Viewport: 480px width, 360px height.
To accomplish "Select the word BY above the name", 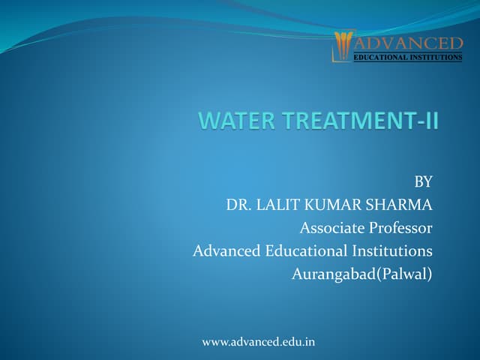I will pos(424,181).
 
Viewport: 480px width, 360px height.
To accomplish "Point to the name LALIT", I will pos(280,204).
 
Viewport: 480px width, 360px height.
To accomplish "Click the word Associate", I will pos(329,227).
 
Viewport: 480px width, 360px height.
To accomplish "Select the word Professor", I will pos(398,227).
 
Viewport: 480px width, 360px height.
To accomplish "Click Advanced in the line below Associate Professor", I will pos(225,250).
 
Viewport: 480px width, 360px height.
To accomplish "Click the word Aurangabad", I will pos(333,274).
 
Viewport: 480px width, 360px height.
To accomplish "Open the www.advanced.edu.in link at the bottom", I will pos(259,342).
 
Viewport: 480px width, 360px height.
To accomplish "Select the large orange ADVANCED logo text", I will pos(406,42).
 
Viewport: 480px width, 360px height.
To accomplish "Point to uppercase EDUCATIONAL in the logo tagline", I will pos(382,57).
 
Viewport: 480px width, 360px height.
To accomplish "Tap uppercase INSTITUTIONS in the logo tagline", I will pos(438,57).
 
